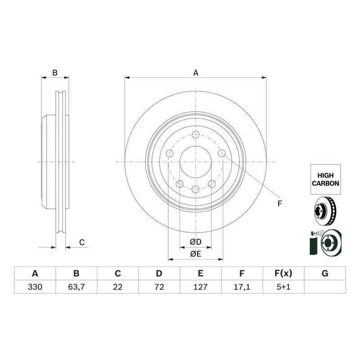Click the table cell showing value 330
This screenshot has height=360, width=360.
point(35,287)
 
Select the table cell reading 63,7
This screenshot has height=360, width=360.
point(76,287)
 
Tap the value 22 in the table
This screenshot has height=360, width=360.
point(117,287)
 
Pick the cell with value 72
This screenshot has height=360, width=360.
point(159,287)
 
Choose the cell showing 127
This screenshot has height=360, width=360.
point(200,287)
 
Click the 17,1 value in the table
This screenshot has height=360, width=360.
point(242,287)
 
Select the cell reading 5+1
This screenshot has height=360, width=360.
point(283,287)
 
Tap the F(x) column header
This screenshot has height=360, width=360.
point(283,274)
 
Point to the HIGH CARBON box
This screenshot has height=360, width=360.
point(325,180)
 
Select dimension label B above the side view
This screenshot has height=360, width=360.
point(55,72)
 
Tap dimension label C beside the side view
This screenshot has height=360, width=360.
point(82,243)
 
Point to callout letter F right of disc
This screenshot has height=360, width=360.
point(279,204)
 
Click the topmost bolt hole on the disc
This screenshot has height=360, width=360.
point(195,135)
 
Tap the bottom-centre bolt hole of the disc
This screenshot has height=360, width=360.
point(195,189)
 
